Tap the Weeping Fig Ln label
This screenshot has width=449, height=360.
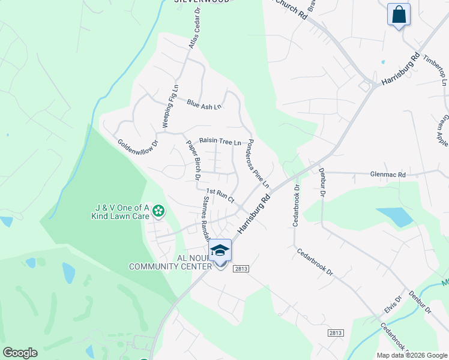click(x=171, y=106)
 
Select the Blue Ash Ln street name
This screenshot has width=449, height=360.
click(x=203, y=105)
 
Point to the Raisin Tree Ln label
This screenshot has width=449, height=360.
click(x=220, y=142)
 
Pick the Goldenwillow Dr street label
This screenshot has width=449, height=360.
click(x=137, y=153)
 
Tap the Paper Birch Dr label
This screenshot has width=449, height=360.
click(x=193, y=160)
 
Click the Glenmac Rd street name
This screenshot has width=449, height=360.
click(x=389, y=175)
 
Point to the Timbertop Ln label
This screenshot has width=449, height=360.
click(x=435, y=71)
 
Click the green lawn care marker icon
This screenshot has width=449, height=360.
click(x=158, y=211)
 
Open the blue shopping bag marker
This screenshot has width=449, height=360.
click(x=399, y=15)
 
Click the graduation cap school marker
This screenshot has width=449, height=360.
click(x=220, y=250)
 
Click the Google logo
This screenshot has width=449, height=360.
click(x=20, y=353)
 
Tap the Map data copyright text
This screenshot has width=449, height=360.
click(x=411, y=355)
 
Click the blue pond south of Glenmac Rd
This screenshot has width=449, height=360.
click(x=394, y=217)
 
